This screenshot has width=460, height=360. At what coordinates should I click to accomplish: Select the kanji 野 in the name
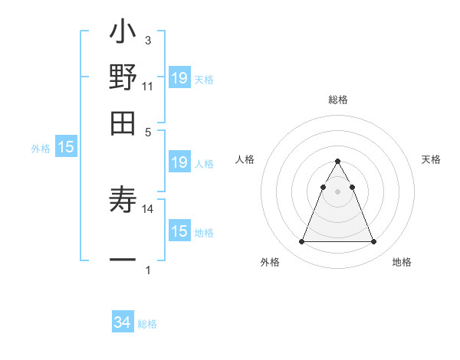coord(123,77)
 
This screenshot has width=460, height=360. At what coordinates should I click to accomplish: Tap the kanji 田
coord(123,122)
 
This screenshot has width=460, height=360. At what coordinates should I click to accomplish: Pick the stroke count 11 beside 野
coord(147,87)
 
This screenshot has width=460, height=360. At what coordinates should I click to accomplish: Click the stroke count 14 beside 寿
coord(148,208)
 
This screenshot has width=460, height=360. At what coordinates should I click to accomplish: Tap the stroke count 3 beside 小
coord(147,40)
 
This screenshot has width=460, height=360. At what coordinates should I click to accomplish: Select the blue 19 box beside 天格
coord(179,77)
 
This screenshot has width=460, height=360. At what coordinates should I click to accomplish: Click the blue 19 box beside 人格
coord(179,162)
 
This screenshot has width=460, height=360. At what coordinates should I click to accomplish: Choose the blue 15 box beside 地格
coord(179,231)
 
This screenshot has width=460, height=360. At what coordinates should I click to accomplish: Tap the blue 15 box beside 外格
coord(66,146)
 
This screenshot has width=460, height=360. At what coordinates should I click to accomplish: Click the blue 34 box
coord(123,322)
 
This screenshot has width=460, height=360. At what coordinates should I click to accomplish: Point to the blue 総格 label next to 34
coord(147,324)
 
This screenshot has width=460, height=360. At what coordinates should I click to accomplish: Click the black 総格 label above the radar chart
coord(337,100)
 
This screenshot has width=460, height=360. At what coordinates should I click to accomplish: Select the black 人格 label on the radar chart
coord(245,159)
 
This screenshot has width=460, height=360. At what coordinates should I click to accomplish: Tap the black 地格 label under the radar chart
coord(402,262)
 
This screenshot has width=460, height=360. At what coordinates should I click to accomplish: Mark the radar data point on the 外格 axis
coord(301,242)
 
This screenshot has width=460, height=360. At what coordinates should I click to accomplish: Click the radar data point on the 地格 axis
coord(374,242)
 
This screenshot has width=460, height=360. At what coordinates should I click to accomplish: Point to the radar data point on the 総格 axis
coord(337,162)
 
